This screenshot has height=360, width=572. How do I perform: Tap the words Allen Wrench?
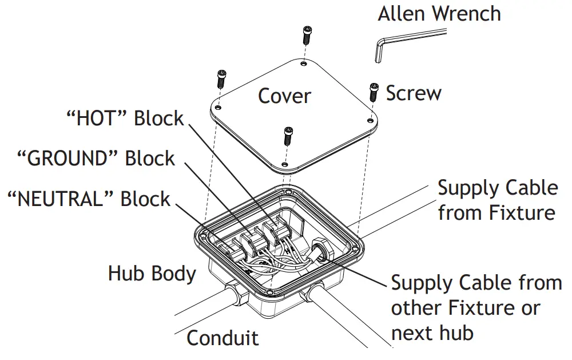click(439, 13)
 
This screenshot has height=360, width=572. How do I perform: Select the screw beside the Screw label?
click(373, 91)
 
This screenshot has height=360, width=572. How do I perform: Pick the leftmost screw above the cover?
click(221, 78)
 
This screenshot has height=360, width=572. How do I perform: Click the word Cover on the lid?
click(284, 96)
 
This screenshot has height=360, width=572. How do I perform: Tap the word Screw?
click(414, 93)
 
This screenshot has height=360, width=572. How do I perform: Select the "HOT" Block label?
click(125, 118)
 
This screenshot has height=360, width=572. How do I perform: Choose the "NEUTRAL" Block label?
click(88, 199)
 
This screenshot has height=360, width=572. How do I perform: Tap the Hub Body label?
click(152, 274)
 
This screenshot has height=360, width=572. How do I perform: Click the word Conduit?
click(223, 338)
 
